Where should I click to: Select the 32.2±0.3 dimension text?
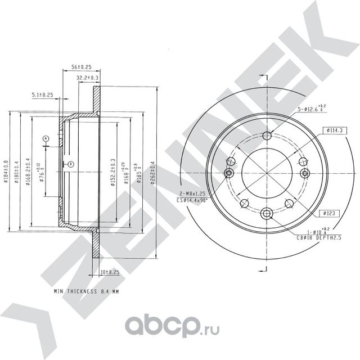pyautogui.click(x=88, y=77)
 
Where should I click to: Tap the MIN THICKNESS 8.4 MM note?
pyautogui.click(x=86, y=292)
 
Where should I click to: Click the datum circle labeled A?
pyautogui.click(x=45, y=138)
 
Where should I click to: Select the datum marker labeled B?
pyautogui.click(x=70, y=164)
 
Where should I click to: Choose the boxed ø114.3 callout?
pyautogui.click(x=333, y=130)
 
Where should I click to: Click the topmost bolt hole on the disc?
pyautogui.click(x=267, y=135)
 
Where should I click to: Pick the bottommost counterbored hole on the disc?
pyautogui.click(x=267, y=213)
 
